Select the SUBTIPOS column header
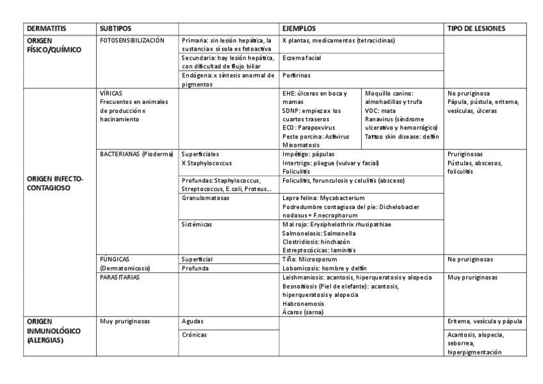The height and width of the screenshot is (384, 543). (115, 29)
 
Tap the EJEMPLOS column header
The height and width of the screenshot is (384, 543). (299, 29)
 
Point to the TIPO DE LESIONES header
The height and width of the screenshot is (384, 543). (476, 29)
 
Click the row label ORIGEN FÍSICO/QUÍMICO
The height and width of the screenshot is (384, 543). (45, 45)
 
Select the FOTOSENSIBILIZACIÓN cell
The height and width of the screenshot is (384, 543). (133, 40)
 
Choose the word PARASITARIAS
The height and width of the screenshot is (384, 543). (120, 278)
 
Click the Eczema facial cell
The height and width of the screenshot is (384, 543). (302, 58)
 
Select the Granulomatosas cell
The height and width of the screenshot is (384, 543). (206, 198)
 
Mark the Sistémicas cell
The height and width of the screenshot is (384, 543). (197, 224)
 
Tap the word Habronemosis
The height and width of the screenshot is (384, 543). (304, 304)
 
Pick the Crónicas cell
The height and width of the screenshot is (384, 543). (194, 335)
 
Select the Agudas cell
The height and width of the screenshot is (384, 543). (193, 321)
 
